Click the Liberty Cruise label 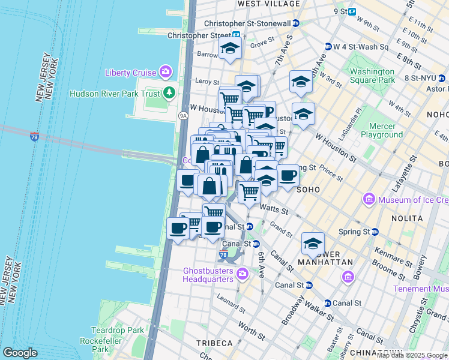click(130, 73)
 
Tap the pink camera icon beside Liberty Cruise click(166, 73)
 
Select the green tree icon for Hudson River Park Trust click(170, 92)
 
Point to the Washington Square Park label click(372, 75)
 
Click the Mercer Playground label click(381, 130)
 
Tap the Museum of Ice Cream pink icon click(369, 199)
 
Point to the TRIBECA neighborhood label click(214, 343)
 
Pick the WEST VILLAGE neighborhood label click(269, 4)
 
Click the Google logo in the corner click(20, 352)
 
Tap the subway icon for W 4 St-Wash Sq click(328, 46)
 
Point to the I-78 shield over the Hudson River click(35, 137)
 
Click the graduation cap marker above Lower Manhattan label click(312, 243)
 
